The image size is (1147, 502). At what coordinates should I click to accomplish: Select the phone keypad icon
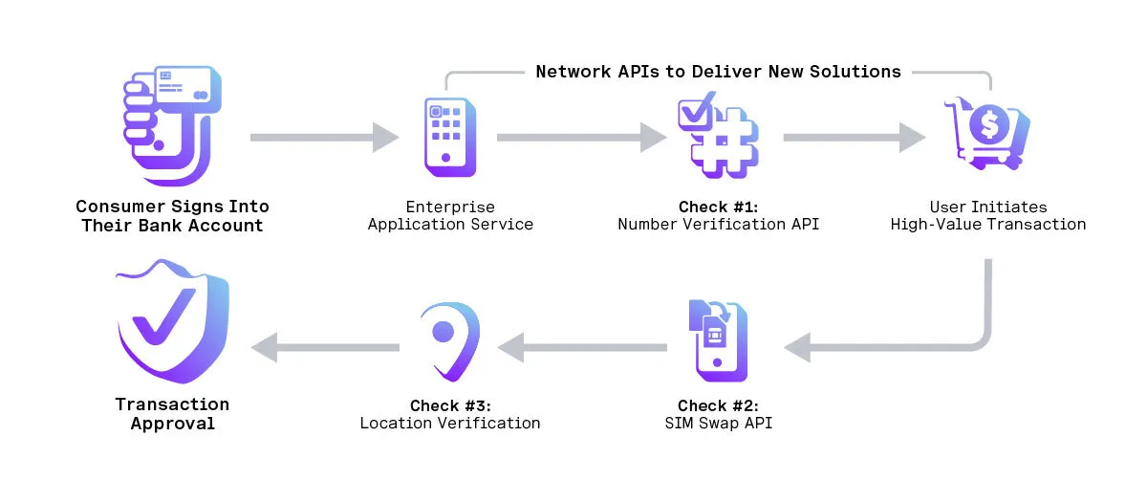(450, 137)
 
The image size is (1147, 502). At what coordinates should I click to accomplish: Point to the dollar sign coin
(987, 123)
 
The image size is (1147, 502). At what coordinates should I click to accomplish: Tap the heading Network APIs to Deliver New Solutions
(718, 72)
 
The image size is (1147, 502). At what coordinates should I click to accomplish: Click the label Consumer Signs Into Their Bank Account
(172, 216)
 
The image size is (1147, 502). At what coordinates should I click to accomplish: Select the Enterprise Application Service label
(450, 216)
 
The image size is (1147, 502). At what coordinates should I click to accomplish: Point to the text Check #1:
(718, 207)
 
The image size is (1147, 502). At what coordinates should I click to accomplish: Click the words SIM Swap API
(718, 423)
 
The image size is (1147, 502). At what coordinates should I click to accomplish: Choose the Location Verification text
(449, 423)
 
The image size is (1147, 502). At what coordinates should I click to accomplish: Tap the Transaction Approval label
(172, 414)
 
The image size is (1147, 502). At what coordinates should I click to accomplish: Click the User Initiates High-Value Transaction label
(987, 216)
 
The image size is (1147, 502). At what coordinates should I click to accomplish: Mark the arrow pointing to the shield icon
(325, 346)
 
